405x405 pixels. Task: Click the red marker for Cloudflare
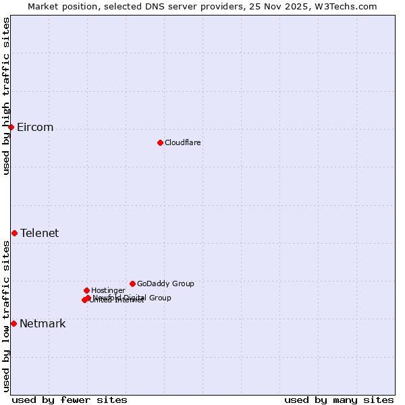click(x=160, y=142)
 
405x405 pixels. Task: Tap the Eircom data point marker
click(x=11, y=127)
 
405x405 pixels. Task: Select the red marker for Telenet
click(x=14, y=233)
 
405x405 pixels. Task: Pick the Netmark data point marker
click(x=13, y=323)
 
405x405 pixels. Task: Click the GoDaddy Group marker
click(x=132, y=283)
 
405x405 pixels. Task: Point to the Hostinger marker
click(x=86, y=290)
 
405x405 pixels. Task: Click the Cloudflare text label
click(x=183, y=142)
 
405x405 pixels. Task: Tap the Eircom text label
click(x=35, y=128)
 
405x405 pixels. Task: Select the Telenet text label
click(x=40, y=234)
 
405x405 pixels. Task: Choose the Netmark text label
click(x=43, y=324)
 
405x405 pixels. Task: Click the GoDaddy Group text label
click(x=165, y=284)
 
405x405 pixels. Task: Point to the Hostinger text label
click(x=108, y=291)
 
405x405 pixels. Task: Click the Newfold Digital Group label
click(x=132, y=298)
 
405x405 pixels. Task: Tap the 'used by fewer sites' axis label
click(x=70, y=400)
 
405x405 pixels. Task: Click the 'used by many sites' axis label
click(x=339, y=400)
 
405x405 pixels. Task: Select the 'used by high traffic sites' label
click(x=6, y=96)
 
